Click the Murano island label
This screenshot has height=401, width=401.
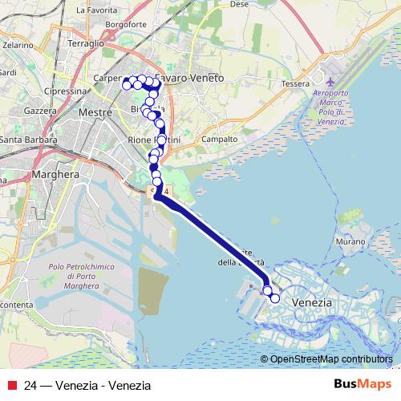(350, 241)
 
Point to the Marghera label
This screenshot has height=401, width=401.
(54, 173)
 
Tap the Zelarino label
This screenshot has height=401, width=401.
(17, 46)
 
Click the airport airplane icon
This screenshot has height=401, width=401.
(332, 81)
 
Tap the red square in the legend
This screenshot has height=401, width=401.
(12, 385)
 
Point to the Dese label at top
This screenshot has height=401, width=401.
(238, 4)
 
